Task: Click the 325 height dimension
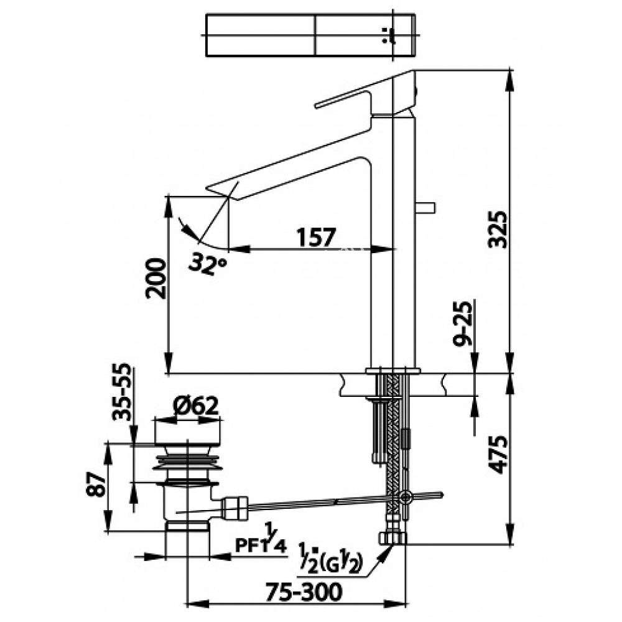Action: [498, 229]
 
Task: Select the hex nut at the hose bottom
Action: [393, 537]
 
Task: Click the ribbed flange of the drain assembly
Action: [187, 463]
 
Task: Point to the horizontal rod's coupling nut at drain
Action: [237, 507]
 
